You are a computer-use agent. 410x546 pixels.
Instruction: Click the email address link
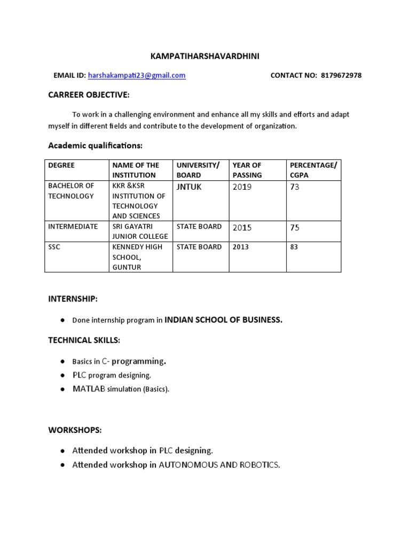(x=137, y=76)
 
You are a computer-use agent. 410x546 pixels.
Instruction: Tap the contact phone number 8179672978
(x=341, y=76)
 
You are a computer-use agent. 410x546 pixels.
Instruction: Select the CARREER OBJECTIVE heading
(x=89, y=95)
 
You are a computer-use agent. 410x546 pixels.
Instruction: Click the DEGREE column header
(x=61, y=165)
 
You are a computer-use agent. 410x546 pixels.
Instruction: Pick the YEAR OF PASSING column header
(x=247, y=170)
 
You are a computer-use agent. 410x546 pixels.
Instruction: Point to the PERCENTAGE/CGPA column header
(x=313, y=170)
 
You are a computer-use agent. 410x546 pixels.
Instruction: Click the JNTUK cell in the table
(x=189, y=187)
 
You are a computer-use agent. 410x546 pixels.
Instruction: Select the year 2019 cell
(x=242, y=187)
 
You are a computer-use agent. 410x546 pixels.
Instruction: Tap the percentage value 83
(x=294, y=247)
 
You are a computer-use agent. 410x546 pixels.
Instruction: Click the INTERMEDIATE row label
(x=73, y=227)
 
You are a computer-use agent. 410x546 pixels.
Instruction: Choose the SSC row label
(x=55, y=247)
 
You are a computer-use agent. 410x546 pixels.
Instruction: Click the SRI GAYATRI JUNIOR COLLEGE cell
(x=140, y=231)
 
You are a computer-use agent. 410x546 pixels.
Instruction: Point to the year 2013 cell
(x=241, y=247)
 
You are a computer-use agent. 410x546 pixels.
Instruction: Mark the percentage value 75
(x=295, y=228)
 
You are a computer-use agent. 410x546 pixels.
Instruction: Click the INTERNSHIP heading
(x=73, y=300)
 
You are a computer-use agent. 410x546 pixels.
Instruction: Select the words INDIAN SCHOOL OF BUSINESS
(x=223, y=320)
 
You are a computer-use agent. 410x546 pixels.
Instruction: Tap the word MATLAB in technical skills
(x=89, y=389)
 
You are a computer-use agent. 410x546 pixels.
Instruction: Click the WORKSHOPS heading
(x=75, y=430)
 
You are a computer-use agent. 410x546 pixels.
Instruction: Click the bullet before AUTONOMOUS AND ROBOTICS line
(x=62, y=465)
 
